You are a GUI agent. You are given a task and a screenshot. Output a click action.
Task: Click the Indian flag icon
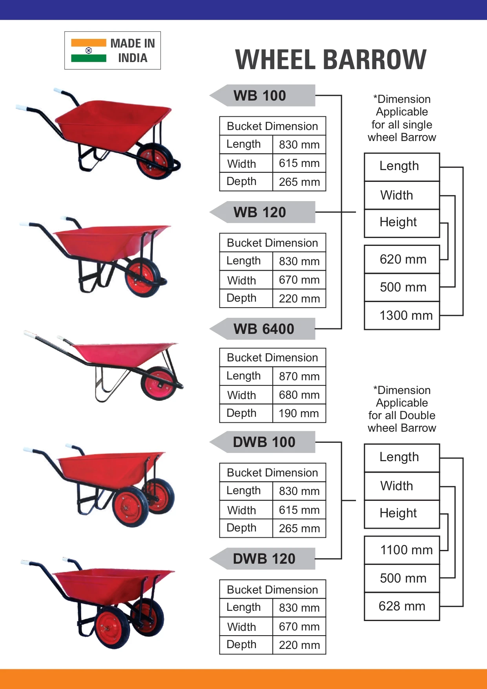tap(89, 51)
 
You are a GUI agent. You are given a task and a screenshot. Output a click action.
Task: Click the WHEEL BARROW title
tap(330, 60)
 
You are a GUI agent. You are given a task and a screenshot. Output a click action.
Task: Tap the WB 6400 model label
tap(264, 329)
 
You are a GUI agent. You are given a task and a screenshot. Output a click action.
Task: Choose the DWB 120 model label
tap(264, 559)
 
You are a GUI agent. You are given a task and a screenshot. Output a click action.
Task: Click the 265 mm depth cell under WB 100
tap(299, 182)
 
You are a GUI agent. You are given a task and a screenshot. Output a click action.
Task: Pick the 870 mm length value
tap(299, 376)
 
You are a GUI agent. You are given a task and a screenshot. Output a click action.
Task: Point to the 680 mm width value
tap(299, 395)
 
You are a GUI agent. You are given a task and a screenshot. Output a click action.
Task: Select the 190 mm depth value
tap(299, 413)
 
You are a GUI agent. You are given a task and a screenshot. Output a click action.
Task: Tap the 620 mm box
tap(402, 259)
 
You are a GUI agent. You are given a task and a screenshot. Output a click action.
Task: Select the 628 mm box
tap(402, 606)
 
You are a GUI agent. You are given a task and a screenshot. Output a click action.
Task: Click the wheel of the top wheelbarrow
tap(155, 160)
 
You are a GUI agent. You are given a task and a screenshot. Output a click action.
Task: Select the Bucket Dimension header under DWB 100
tap(272, 473)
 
